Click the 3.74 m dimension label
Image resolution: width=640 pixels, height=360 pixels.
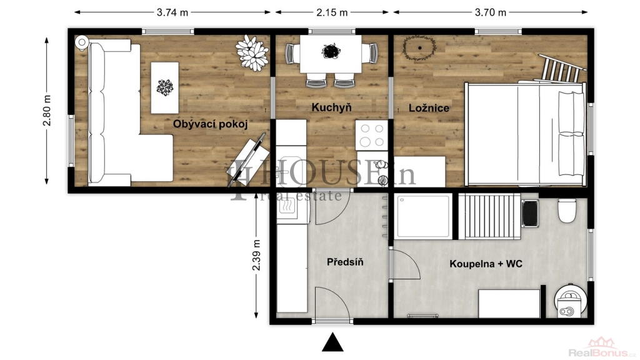click(x=172, y=12)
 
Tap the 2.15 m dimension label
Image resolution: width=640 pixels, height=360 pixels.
click(x=332, y=12)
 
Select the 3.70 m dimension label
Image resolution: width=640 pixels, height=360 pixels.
click(x=490, y=12)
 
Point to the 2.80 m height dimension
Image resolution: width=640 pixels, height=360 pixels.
click(x=47, y=110)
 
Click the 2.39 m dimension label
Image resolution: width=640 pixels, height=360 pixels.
click(x=256, y=255)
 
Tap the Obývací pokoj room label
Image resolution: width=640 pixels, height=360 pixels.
click(x=210, y=124)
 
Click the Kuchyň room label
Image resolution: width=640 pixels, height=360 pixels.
click(x=331, y=107)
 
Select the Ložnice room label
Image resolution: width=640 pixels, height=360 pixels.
click(x=429, y=107)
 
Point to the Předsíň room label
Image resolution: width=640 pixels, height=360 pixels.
click(x=345, y=262)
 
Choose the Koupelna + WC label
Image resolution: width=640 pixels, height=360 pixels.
click(x=486, y=264)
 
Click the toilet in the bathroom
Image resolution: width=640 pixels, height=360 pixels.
click(x=566, y=210)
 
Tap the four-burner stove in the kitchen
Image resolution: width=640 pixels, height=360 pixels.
click(x=371, y=135)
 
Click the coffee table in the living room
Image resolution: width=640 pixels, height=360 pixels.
click(x=165, y=87)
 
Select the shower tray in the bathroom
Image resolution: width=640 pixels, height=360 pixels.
click(x=424, y=216)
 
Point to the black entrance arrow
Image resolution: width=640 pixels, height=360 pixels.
click(x=332, y=342)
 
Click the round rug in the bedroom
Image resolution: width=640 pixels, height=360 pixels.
click(x=419, y=48)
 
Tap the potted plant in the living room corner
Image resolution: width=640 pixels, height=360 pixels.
click(x=252, y=53)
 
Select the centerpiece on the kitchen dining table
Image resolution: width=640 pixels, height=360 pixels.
click(x=331, y=51)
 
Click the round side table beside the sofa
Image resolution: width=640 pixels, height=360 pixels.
click(x=82, y=42)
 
